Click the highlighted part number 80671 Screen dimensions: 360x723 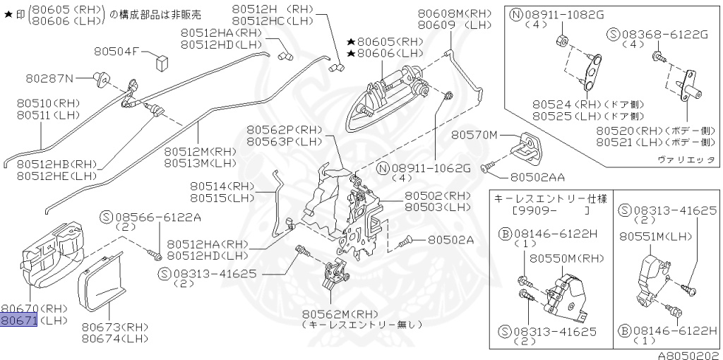pos(18,320)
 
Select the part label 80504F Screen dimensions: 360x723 pos(118,51)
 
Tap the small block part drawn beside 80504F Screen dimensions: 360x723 pos(160,59)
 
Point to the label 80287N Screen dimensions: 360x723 pos(50,77)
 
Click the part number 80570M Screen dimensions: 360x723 pos(474,134)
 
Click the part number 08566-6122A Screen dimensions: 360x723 pos(159,216)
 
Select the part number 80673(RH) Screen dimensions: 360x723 pos(113,327)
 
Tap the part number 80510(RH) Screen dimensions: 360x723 pos(48,103)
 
